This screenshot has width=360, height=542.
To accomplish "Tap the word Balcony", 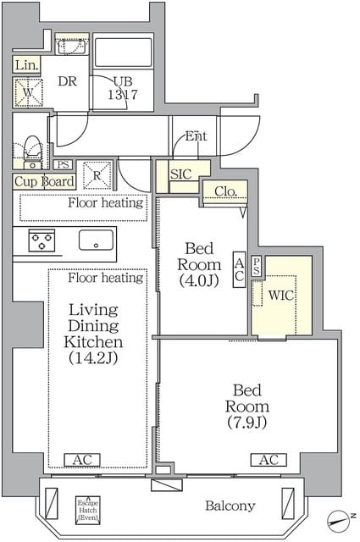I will pyautogui.click(x=230, y=506).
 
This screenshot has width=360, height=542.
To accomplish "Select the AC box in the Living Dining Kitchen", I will pyautogui.click(x=83, y=460).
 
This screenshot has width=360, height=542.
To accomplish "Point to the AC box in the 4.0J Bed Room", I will pyautogui.click(x=239, y=269).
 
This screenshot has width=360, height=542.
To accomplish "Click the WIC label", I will pyautogui.click(x=280, y=296).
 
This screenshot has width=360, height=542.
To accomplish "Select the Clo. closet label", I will pyautogui.click(x=224, y=191).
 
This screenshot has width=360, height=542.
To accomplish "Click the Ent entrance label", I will pyautogui.click(x=196, y=136).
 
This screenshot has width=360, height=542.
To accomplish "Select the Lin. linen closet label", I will pyautogui.click(x=25, y=65).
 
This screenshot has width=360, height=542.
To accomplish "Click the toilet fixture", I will pyautogui.click(x=30, y=151).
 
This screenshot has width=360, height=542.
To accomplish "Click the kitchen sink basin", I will pyautogui.click(x=97, y=240).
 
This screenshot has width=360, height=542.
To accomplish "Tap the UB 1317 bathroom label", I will pyautogui.click(x=123, y=88).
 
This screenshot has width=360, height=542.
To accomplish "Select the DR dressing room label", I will pyautogui.click(x=68, y=81).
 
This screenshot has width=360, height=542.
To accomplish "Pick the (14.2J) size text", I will pyautogui.click(x=95, y=359).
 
